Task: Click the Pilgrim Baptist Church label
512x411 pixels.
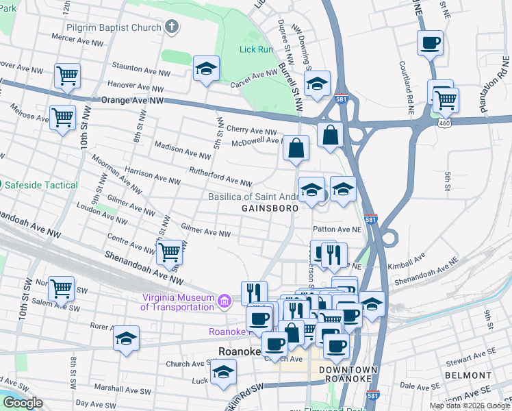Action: coord(114,28)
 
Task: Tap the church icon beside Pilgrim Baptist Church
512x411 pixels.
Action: coord(172,28)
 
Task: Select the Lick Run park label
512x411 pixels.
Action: coord(257,49)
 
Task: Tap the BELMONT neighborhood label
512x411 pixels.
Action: coord(468,375)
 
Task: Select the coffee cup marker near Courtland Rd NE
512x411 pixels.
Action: coord(430,43)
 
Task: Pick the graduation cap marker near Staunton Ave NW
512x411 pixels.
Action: coord(206,69)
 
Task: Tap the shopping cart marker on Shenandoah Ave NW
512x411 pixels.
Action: coord(169,253)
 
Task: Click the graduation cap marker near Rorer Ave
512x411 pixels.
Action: coord(126,339)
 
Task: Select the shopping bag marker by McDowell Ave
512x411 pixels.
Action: coord(296,147)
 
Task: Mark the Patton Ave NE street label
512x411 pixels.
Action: coord(336,229)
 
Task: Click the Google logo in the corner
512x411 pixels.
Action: coord(23,403)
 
